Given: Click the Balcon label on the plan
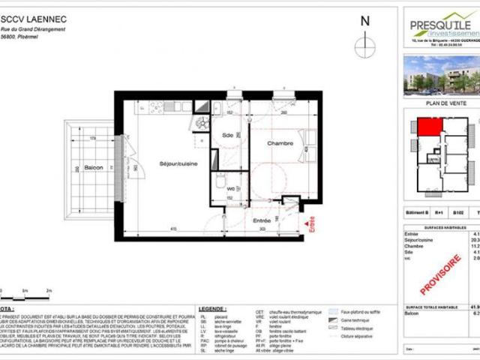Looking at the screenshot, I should coord(93,166).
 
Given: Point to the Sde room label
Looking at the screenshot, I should coord(227,135).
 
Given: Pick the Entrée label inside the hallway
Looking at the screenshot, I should coord(261,220).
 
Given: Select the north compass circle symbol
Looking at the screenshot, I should coord(365,45).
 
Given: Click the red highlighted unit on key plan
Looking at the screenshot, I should coord(429,127).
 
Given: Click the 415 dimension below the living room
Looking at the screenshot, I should coord(172,228).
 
